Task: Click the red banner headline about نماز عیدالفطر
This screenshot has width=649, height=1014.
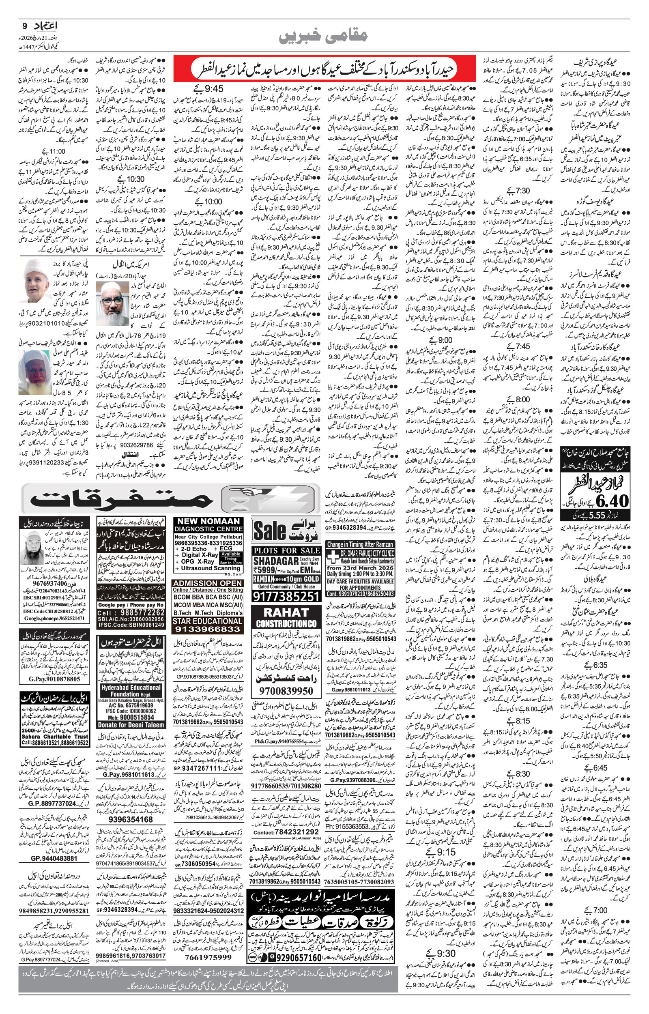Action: (324, 68)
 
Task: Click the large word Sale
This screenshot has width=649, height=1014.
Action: (270, 531)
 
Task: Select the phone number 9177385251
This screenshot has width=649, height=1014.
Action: (286, 596)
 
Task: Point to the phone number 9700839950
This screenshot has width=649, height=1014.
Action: (286, 690)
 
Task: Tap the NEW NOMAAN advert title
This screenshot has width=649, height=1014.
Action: (208, 521)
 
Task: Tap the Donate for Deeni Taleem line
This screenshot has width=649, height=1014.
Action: (131, 725)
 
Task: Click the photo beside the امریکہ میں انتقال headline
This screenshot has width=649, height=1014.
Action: (112, 304)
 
